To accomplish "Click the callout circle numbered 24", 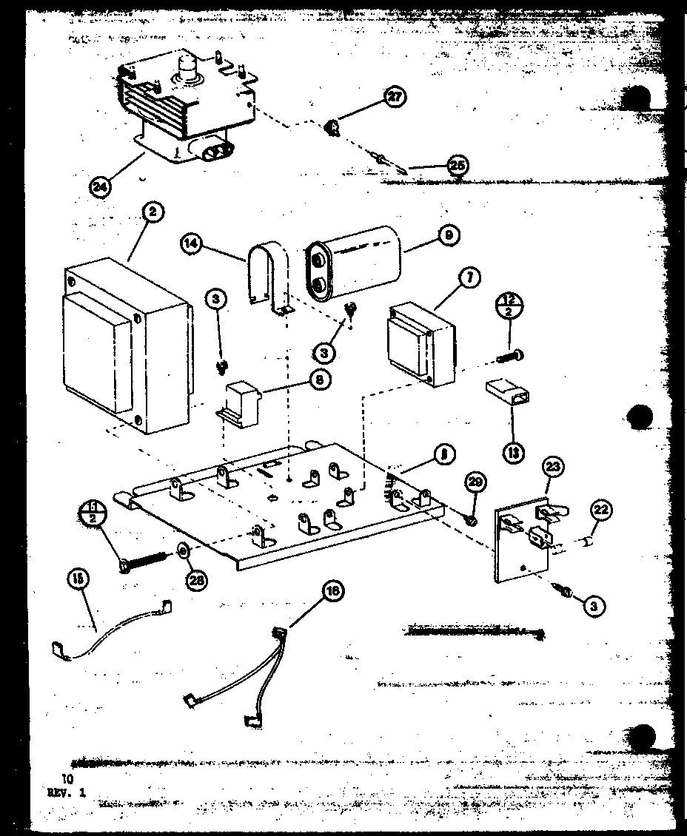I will coord(99,186).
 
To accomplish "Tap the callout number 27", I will coord(395,97).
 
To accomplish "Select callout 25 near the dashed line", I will coord(458,165).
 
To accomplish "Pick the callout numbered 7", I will coord(469,279).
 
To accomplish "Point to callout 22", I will coord(600,510).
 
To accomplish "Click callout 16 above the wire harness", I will coord(333,590).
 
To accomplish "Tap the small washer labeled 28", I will coord(182,550).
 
